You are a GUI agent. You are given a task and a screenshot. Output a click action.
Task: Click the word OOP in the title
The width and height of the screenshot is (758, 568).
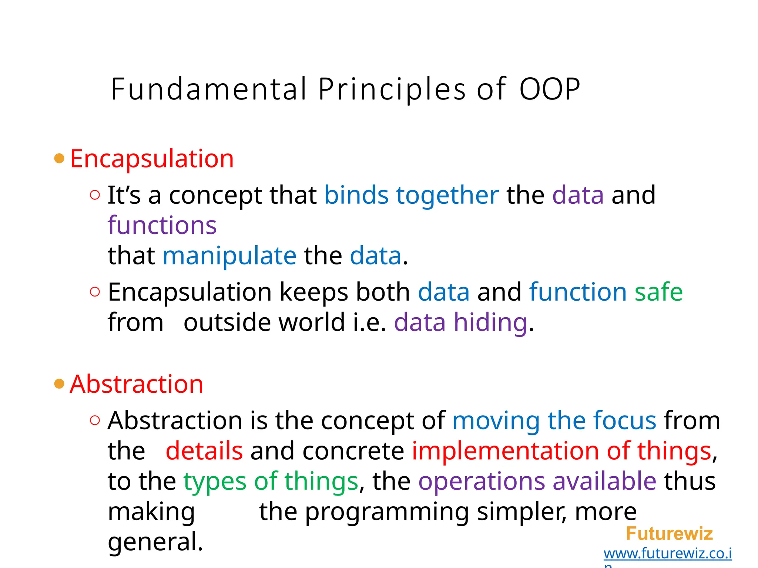pyautogui.click(x=550, y=89)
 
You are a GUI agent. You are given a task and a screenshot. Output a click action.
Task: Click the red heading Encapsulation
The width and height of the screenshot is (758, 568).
pyautogui.click(x=152, y=159)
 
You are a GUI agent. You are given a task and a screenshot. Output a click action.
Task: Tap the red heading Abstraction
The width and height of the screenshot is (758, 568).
pyautogui.click(x=137, y=384)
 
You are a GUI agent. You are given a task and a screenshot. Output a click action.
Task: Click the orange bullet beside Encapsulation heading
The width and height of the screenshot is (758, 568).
pyautogui.click(x=59, y=159)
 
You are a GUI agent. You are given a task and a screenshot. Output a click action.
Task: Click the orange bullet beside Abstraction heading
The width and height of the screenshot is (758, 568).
pyautogui.click(x=59, y=384)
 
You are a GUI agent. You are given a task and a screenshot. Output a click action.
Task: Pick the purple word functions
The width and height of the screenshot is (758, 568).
pyautogui.click(x=162, y=225)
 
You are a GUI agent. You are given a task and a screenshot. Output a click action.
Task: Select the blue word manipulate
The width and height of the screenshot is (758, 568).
pyautogui.click(x=229, y=256)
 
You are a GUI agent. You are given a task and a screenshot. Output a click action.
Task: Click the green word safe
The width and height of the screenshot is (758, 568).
pyautogui.click(x=658, y=292)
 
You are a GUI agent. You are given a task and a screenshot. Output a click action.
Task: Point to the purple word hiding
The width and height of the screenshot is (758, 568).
pyautogui.click(x=490, y=322)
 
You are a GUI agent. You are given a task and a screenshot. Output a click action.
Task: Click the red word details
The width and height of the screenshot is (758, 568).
pyautogui.click(x=204, y=451)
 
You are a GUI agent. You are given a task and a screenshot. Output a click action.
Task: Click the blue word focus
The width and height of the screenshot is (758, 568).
pyautogui.click(x=624, y=420)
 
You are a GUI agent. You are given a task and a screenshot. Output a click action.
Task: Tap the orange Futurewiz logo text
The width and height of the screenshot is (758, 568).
pyautogui.click(x=669, y=534)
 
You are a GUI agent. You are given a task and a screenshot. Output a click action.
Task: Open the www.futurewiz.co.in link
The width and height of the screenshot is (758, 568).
pyautogui.click(x=667, y=554)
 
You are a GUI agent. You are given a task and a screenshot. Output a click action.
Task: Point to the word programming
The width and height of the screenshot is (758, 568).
pyautogui.click(x=387, y=512)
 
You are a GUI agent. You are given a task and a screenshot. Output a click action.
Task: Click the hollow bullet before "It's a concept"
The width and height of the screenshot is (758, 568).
pyautogui.click(x=95, y=195)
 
